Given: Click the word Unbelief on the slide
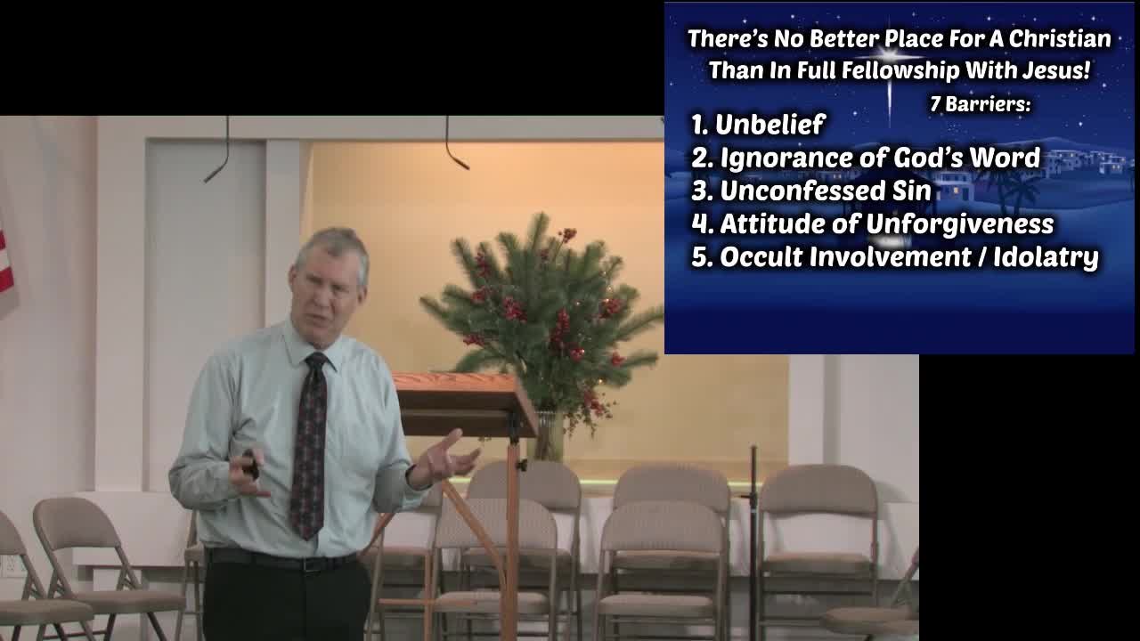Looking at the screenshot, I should coord(770,124).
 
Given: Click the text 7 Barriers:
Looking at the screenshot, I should coord(980,104).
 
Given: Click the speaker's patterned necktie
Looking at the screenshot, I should coord(308,445).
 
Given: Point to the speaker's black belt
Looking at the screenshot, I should coord(281,561).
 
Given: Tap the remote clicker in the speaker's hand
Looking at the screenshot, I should coord(250,464).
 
